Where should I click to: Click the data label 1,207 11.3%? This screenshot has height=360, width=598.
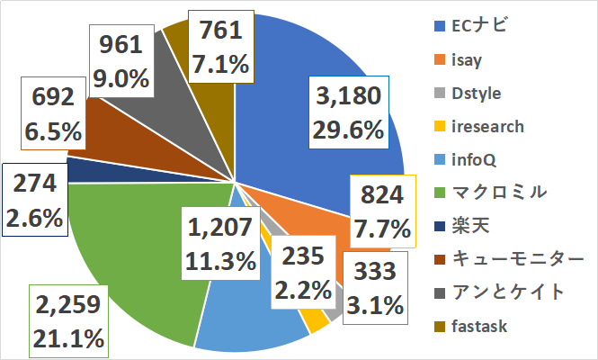[x=221, y=245]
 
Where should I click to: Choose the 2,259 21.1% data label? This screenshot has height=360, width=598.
[x=70, y=322]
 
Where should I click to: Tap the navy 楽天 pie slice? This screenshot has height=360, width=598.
[x=81, y=170]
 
